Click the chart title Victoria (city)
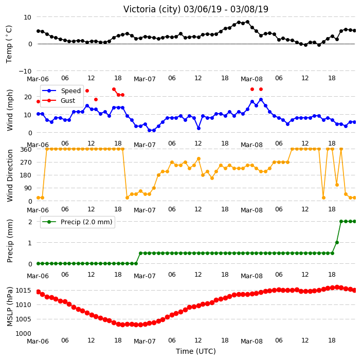152,9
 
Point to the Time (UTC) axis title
196,351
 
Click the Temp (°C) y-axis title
9,44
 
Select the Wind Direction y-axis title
10,175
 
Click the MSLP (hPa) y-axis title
10,307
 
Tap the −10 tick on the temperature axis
25,71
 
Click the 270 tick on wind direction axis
26,163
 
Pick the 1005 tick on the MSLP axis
23,319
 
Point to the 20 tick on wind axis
28,97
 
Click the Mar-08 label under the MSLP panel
251,341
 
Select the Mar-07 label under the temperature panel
145,79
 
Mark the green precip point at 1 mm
337,242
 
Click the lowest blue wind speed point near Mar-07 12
198,128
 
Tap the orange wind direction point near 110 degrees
337,185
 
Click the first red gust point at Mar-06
39,102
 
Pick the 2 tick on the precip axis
30,222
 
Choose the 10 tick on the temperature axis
27,17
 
